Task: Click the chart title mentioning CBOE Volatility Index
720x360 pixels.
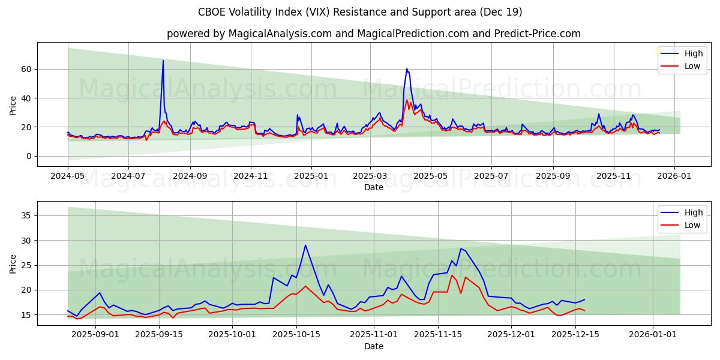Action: pyautogui.click(x=360, y=12)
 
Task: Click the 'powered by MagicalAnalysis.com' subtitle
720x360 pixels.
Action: pyautogui.click(x=373, y=34)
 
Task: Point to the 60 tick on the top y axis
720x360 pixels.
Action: pyautogui.click(x=26, y=69)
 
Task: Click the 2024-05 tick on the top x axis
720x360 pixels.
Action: pyautogui.click(x=68, y=177)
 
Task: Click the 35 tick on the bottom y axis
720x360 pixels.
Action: pyautogui.click(x=26, y=215)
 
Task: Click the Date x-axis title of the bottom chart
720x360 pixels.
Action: pyautogui.click(x=373, y=346)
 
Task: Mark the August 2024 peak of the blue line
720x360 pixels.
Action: pyautogui.click(x=163, y=60)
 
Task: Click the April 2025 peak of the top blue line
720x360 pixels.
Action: pyautogui.click(x=406, y=68)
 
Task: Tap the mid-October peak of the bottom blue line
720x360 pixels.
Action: pyautogui.click(x=305, y=245)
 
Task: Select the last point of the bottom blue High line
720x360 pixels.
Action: pyautogui.click(x=584, y=299)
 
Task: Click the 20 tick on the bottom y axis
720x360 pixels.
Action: pyautogui.click(x=26, y=290)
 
